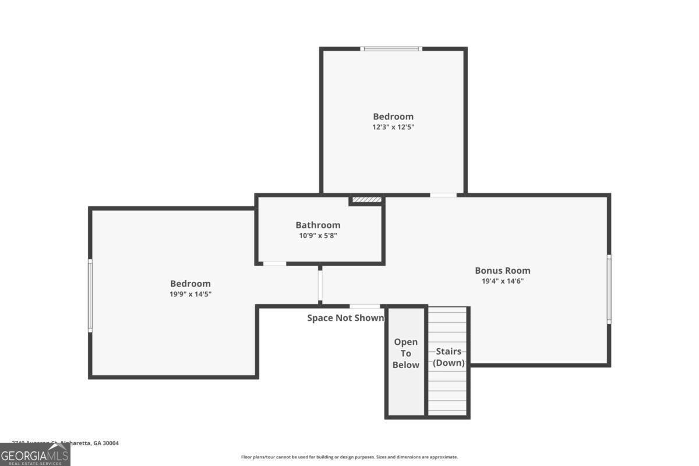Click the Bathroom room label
click(317, 225)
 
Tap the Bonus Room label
click(502, 270)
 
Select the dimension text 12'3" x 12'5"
click(393, 126)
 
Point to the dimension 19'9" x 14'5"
click(190, 294)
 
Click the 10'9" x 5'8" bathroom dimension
click(317, 236)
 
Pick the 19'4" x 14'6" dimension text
click(502, 281)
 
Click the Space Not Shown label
click(345, 318)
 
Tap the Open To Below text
click(406, 354)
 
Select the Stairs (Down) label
click(449, 357)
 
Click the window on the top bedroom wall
click(391, 49)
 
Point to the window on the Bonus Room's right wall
click(609, 289)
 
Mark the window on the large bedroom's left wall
click(90, 295)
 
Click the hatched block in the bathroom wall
click(366, 200)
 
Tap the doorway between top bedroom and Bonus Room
click(443, 195)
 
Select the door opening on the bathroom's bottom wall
click(274, 264)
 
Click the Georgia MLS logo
click(35, 454)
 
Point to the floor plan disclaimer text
click(349, 457)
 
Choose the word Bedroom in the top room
click(393, 116)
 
